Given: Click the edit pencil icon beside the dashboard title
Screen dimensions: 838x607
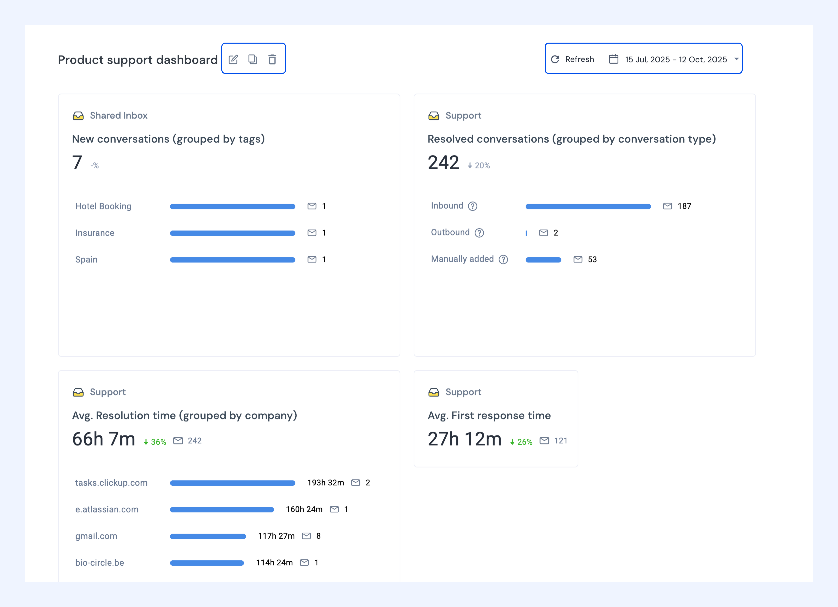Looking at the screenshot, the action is pyautogui.click(x=233, y=59).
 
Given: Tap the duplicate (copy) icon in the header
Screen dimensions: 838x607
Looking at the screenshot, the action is pyautogui.click(x=253, y=59).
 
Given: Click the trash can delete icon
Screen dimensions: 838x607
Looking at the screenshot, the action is pyautogui.click(x=272, y=59).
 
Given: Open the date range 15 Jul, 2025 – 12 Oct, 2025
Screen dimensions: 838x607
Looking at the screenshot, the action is pyautogui.click(x=676, y=59).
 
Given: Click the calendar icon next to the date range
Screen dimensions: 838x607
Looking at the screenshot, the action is pyautogui.click(x=613, y=59).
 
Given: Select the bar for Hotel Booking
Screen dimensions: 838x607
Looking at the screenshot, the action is pyautogui.click(x=232, y=207).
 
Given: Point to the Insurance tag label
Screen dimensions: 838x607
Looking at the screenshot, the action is pyautogui.click(x=95, y=233).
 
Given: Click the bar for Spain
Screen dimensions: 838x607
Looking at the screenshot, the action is pyautogui.click(x=232, y=260).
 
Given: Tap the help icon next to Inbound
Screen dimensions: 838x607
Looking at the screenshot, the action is pyautogui.click(x=473, y=206).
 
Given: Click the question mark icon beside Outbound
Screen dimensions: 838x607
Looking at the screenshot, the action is pyautogui.click(x=479, y=233).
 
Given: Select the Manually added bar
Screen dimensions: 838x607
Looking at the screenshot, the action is pyautogui.click(x=543, y=260).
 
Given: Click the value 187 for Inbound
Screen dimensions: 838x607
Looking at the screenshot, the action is pyautogui.click(x=684, y=206).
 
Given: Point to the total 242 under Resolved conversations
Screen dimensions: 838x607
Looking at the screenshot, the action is pyautogui.click(x=443, y=163).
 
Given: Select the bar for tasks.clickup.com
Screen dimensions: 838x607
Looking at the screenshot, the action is pyautogui.click(x=232, y=483).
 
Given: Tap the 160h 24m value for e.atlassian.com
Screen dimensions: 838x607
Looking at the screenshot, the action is pyautogui.click(x=304, y=509).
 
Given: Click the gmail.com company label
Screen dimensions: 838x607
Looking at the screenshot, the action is pyautogui.click(x=96, y=536).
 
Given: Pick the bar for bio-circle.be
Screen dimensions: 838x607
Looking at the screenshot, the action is pyautogui.click(x=207, y=563).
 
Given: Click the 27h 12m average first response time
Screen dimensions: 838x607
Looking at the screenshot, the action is pyautogui.click(x=464, y=439).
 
